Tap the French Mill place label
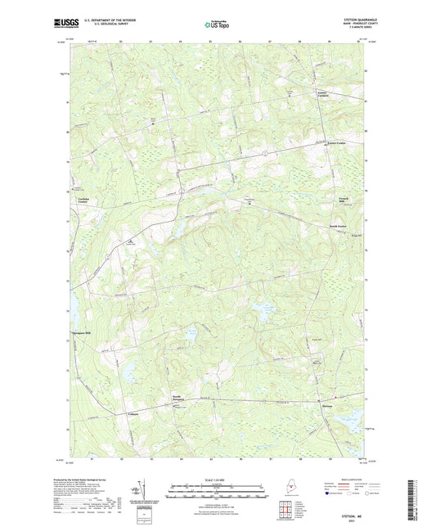tap(325, 199)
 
